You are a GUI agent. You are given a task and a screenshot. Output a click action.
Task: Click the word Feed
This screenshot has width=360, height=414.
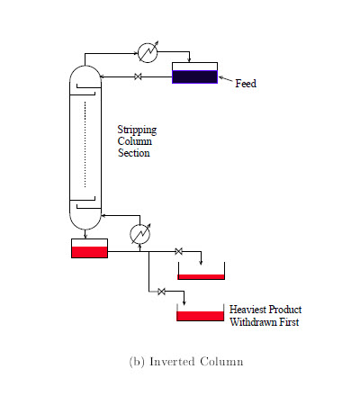(246, 83)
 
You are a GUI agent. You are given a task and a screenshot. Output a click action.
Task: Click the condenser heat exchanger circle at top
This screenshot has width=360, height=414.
(148, 53)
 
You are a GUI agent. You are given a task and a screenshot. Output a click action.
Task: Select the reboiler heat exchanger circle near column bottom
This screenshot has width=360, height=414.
(139, 234)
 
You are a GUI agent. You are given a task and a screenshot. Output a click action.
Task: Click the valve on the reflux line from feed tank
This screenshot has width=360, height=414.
(138, 76)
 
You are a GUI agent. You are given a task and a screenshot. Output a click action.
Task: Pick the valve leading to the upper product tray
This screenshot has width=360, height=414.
(178, 251)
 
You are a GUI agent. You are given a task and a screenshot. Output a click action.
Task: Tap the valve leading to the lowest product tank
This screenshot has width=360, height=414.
(161, 292)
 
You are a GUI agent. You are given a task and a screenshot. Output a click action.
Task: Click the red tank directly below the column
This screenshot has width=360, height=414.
(89, 248)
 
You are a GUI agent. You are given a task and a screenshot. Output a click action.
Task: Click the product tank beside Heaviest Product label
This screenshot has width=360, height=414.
(200, 312)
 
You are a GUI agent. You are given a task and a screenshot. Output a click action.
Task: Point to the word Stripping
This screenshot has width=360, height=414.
(137, 130)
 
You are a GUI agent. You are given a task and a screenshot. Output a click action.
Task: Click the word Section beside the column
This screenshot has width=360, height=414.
(133, 153)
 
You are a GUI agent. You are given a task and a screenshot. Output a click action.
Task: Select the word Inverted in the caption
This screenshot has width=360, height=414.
(172, 361)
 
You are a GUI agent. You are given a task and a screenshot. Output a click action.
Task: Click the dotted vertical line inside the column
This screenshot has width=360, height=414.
(85, 145)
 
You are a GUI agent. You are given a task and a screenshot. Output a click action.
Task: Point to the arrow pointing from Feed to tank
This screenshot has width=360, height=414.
(226, 79)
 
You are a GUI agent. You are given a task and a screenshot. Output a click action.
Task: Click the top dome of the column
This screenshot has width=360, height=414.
(85, 71)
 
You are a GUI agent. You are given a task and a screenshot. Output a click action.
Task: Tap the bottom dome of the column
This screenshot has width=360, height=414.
(85, 222)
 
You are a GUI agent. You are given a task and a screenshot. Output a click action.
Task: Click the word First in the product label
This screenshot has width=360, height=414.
(289, 322)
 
